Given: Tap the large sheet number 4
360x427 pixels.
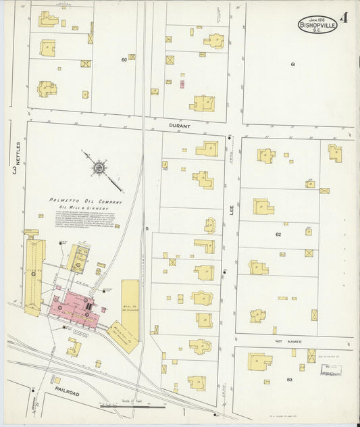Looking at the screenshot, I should pyautogui.click(x=344, y=18).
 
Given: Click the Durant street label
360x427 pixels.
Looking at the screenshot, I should pyautogui.click(x=180, y=126).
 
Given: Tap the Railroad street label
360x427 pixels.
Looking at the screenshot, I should pyautogui.click(x=67, y=393).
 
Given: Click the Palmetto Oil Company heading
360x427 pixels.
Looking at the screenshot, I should pyautogui.click(x=86, y=201).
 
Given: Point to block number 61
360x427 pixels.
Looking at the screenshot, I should pyautogui.click(x=293, y=64).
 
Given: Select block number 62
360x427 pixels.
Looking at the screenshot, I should pyautogui.click(x=278, y=234).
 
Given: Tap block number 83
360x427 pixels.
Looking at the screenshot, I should pyautogui.click(x=289, y=380).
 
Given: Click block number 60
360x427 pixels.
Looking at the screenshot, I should pyautogui.click(x=124, y=59).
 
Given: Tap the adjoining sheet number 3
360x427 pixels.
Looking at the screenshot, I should pyautogui.click(x=14, y=170).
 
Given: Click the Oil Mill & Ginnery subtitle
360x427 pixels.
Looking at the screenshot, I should pyautogui.click(x=86, y=208).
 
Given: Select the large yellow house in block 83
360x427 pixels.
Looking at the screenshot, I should pyautogui.click(x=259, y=362).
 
